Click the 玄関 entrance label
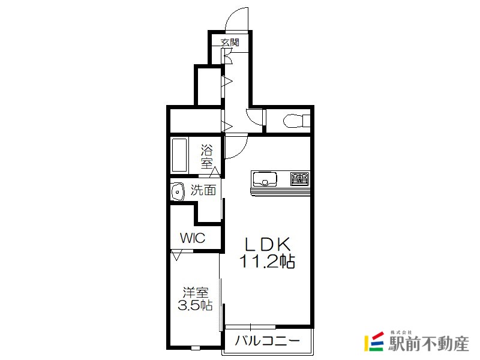[x=230, y=42]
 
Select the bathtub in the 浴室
[x=179, y=155]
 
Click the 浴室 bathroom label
[x=206, y=157]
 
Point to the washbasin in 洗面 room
[x=177, y=192]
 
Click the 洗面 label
[x=203, y=190]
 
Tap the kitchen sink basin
[x=264, y=179]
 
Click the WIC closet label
[x=193, y=238]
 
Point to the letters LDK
[x=267, y=245]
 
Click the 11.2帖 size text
[x=267, y=262]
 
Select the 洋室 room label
[x=196, y=293]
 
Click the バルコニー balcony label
[x=267, y=341]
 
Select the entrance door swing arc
[x=233, y=13]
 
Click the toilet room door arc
[x=252, y=118]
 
